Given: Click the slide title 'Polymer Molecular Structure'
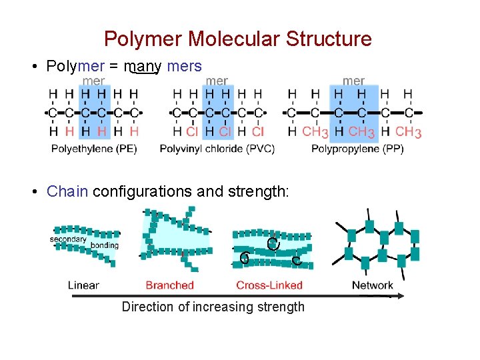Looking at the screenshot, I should pos(238,39).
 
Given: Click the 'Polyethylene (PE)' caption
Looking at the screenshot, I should pos(94,149).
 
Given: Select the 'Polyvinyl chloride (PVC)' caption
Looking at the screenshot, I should pos(217,149).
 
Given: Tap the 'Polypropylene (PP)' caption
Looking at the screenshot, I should pos(357,149).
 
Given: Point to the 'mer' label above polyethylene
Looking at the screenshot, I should pos(93,81).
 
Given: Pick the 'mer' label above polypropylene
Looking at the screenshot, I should pos(353,81).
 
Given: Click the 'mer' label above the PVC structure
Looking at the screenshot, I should pos(217,81).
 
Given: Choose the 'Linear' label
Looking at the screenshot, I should pos(83,285).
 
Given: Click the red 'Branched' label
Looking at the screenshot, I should pos(169,285).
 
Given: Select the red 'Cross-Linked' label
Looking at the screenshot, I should pos(269,285).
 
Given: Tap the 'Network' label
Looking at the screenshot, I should pos(373,285).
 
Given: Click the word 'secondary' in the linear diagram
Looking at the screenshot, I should pos(68,239).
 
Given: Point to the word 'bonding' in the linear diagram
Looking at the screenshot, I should pos(104,245).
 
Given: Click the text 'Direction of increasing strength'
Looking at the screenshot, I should pos(213,307).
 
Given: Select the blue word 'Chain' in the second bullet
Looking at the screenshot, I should pos(67,192).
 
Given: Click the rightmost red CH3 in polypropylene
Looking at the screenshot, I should pos(409,132).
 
